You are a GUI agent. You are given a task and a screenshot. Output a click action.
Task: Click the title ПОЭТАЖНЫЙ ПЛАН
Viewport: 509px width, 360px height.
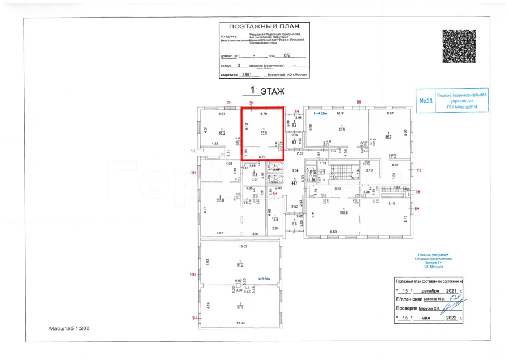pos(261,27)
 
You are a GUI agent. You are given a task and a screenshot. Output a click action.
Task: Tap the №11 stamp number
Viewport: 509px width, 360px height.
pos(426,101)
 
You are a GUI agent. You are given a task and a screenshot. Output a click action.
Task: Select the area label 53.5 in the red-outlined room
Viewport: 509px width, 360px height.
pos(264,133)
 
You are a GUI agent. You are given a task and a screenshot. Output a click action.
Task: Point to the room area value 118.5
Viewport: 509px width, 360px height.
pos(343,213)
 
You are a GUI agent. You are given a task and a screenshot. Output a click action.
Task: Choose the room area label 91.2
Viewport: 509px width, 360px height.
pos(240,265)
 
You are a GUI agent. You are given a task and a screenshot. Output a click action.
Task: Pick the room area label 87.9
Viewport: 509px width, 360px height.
pos(240,307)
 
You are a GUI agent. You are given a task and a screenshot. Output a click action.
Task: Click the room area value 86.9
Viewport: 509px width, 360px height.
pos(389,136)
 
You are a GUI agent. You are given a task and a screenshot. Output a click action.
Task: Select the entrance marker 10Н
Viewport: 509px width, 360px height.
pos(193,275)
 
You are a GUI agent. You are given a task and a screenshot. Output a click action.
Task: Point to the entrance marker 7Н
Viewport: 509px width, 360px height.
pos(419,170)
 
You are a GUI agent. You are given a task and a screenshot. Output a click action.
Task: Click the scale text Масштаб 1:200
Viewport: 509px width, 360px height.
pos(69,328)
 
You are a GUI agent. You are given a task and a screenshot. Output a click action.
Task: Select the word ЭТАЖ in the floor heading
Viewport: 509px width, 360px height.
pos(271,91)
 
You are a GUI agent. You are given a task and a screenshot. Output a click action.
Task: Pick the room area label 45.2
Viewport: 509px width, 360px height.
pos(222,133)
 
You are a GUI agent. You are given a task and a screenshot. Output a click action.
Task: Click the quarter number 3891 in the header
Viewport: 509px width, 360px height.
pos(246,74)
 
